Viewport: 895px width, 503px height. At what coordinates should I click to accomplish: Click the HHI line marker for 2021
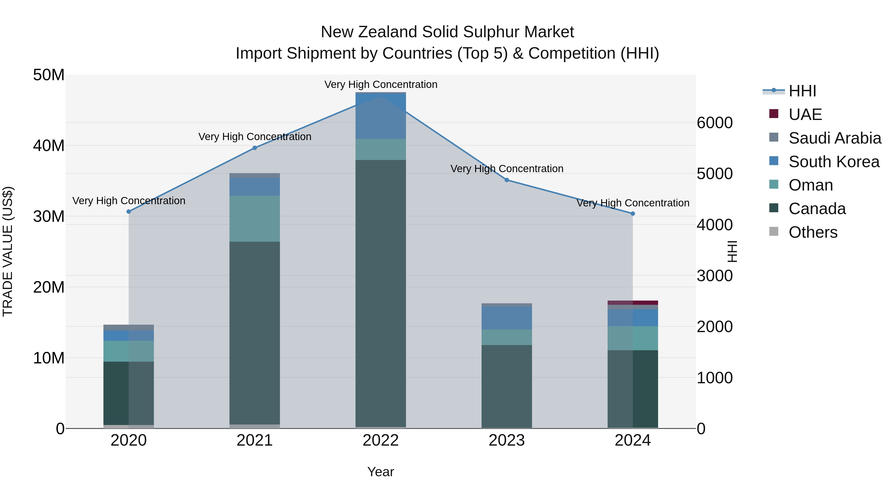[x=254, y=148]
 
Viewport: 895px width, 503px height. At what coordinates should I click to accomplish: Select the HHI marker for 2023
[x=507, y=180]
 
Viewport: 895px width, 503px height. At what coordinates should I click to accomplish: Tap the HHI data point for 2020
[x=129, y=211]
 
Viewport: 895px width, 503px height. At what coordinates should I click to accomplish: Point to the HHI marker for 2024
[x=633, y=213]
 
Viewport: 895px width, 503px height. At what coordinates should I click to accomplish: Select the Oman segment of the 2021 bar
[x=254, y=219]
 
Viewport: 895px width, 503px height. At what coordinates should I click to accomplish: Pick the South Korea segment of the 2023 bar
[x=507, y=318]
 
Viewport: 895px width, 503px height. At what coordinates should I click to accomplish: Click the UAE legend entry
[x=805, y=115]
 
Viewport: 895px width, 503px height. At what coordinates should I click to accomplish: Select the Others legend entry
[x=813, y=232]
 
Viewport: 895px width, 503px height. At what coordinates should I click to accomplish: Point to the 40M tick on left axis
[x=49, y=146]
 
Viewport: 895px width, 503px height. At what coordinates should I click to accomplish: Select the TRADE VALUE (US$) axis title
[x=8, y=251]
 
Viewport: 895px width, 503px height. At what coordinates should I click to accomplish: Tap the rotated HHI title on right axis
[x=732, y=251]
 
